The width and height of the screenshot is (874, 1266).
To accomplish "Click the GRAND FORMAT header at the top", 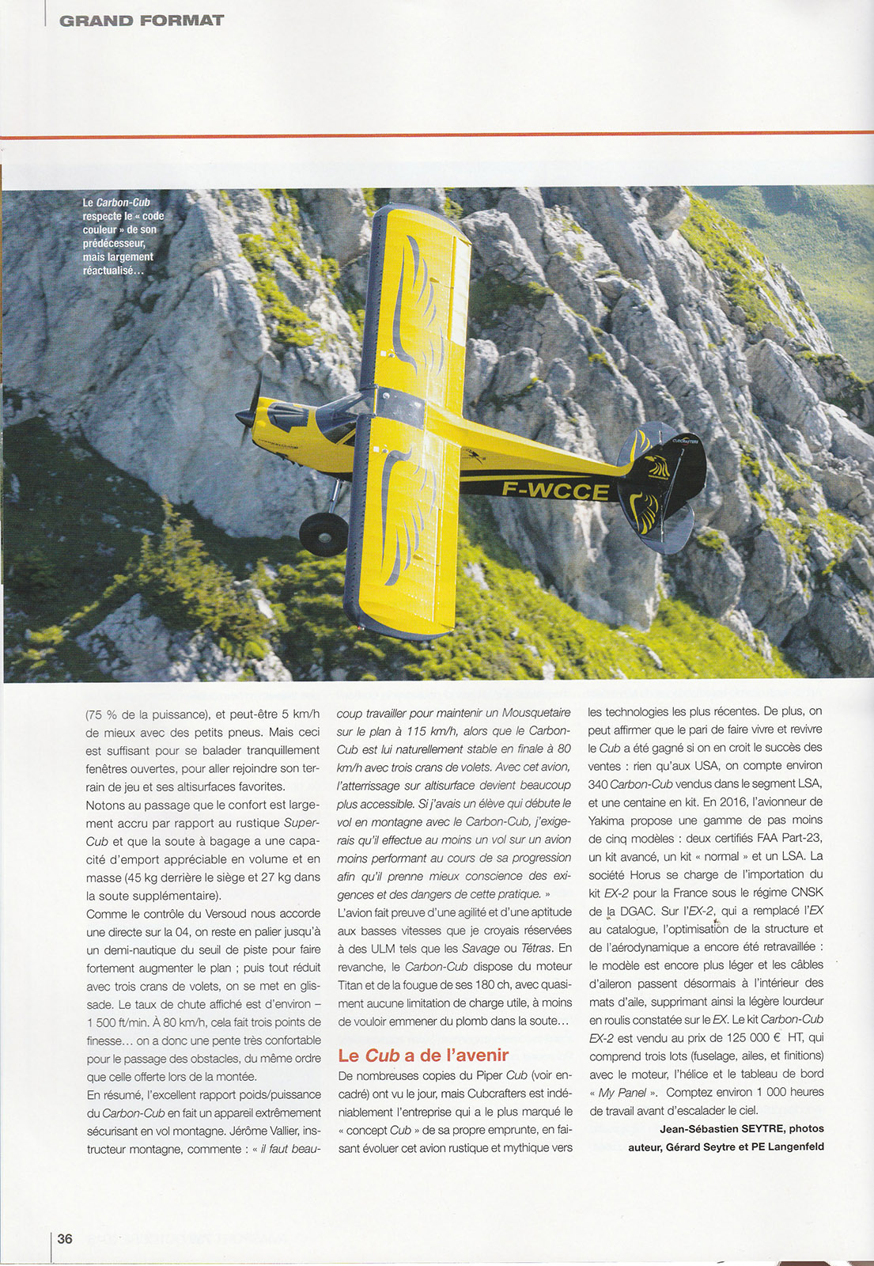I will point(142,20).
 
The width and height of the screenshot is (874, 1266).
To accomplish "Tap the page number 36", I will point(65,1238).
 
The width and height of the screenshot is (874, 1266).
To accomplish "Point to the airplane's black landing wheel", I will point(323,533).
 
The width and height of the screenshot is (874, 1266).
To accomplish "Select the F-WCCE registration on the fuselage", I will point(555,491).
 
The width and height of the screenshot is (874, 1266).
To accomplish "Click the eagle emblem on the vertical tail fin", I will point(657,467).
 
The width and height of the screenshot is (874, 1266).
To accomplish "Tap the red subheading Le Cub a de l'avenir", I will point(422,1055).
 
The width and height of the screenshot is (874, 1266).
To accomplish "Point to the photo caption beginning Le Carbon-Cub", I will point(123,237).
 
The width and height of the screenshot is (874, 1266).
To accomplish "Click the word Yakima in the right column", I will point(609,821).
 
